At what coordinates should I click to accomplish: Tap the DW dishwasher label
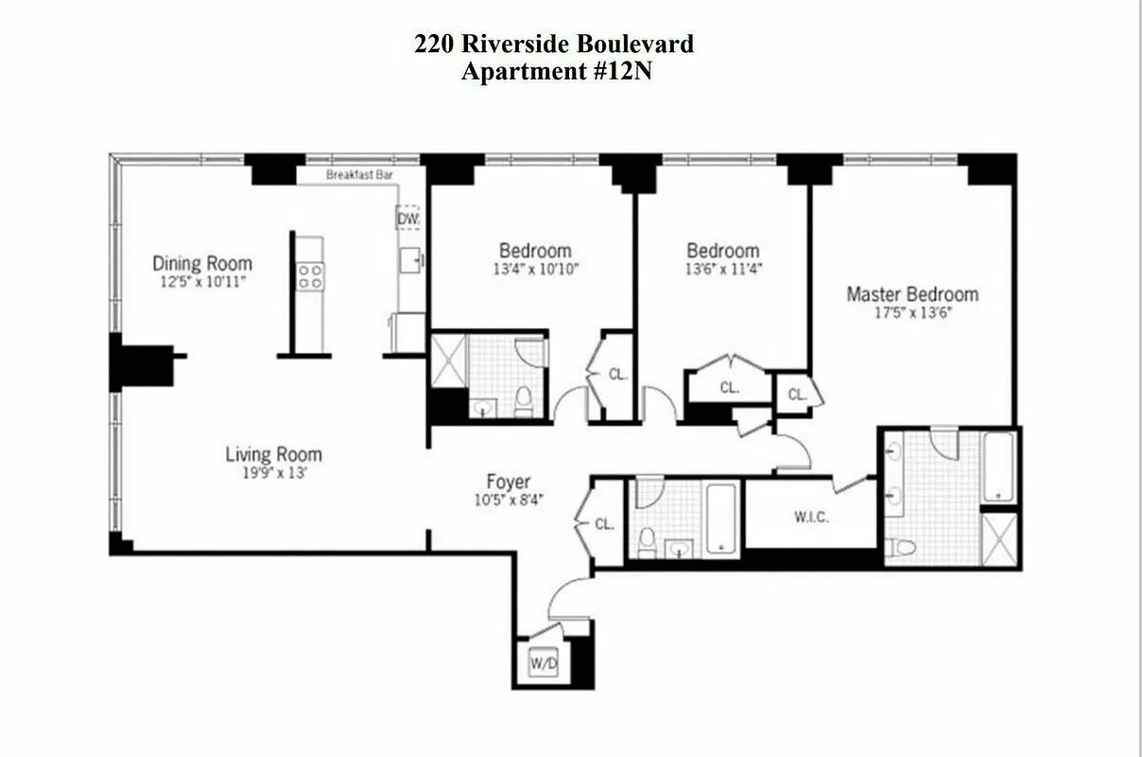point(408,219)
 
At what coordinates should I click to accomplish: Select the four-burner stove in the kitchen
point(310,276)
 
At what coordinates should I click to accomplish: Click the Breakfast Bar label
point(359,175)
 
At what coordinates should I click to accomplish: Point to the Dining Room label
point(202,263)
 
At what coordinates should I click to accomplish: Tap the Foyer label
point(509,482)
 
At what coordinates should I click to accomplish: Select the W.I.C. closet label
point(812,519)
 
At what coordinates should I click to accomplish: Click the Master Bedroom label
point(911,294)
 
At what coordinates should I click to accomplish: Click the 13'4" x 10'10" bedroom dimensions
point(535,269)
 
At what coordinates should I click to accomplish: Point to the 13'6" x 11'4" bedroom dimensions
point(723,269)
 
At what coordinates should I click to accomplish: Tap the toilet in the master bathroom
point(905,547)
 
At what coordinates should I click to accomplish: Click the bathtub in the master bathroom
point(998,467)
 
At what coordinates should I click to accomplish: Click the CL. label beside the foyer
point(605,523)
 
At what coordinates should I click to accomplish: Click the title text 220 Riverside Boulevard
point(554,44)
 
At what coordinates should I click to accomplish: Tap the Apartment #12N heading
point(556,72)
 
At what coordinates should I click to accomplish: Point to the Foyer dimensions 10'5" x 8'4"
point(509,500)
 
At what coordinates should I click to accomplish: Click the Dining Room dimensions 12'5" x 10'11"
point(202,282)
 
